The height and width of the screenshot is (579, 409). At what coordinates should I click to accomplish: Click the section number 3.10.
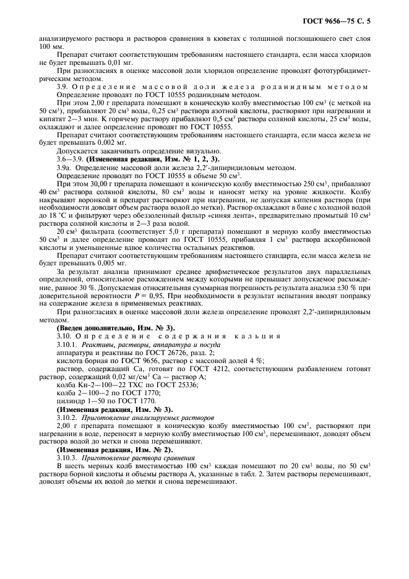point(64,335)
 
